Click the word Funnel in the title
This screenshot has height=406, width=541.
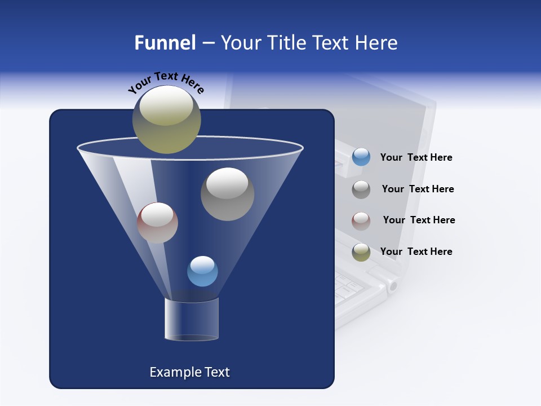click(x=165, y=43)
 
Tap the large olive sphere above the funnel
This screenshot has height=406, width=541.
click(x=167, y=120)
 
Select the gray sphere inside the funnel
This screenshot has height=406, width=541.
click(x=228, y=194)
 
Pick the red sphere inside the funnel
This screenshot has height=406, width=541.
click(x=157, y=223)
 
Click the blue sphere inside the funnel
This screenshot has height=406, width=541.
click(x=202, y=271)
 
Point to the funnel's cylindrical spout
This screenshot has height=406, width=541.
click(x=192, y=319)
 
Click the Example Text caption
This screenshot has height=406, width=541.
click(x=189, y=372)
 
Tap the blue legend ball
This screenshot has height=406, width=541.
click(x=361, y=157)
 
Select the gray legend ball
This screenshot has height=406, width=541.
click(x=361, y=189)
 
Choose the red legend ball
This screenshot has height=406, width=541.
click(x=361, y=221)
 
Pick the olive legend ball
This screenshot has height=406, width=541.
click(x=361, y=252)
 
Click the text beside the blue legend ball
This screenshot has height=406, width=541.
click(x=416, y=158)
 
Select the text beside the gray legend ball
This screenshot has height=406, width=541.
click(x=418, y=189)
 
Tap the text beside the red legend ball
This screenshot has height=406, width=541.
click(x=419, y=220)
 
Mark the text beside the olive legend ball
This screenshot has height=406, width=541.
click(x=416, y=251)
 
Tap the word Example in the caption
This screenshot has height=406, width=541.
click(x=172, y=372)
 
